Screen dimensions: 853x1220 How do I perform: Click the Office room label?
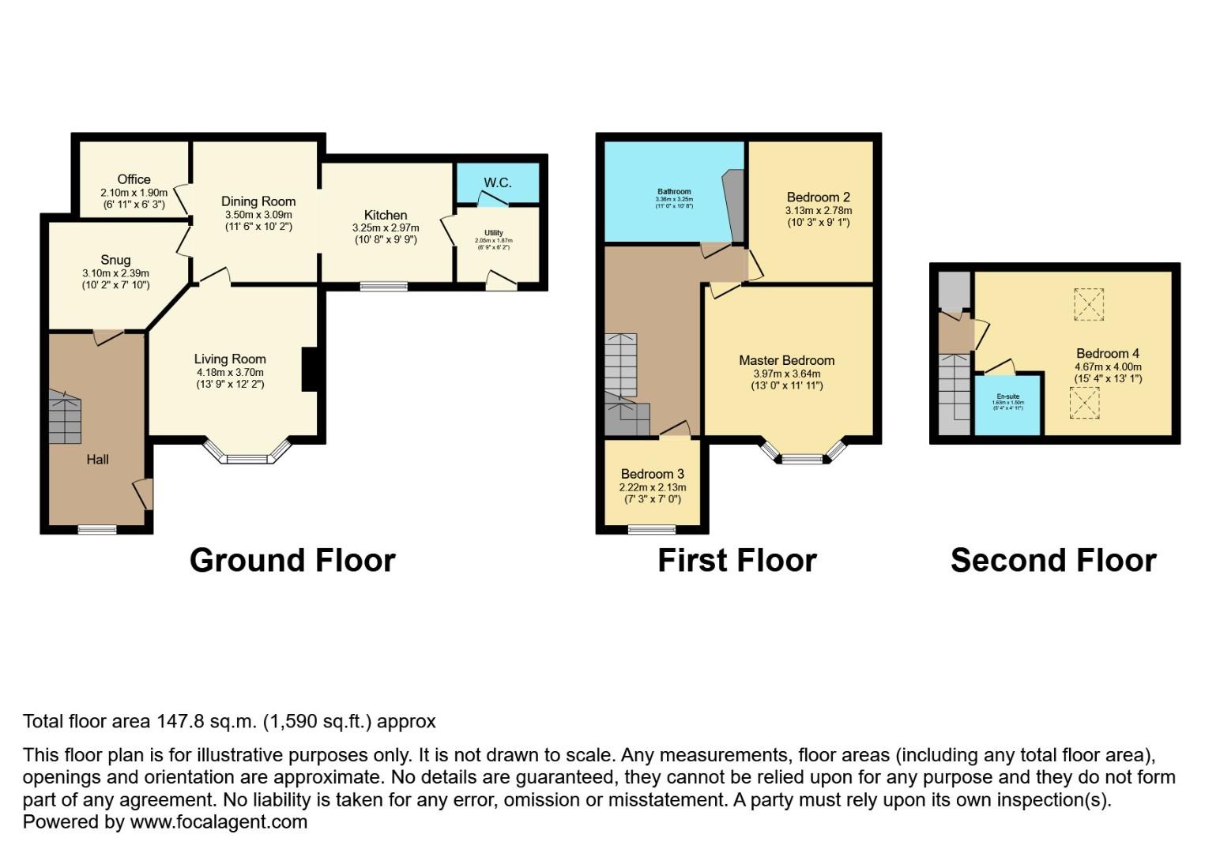pos(134,179)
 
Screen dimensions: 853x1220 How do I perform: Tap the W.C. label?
pos(498,182)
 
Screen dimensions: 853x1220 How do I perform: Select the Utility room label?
pos(494,233)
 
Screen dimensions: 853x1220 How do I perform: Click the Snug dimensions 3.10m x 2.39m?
pos(115,273)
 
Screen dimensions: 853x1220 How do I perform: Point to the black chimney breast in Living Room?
pos(310,369)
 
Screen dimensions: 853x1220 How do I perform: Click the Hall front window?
pos(97,529)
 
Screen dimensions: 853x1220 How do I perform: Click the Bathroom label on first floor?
pos(674,192)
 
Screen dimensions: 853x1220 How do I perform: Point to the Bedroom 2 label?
pos(818,197)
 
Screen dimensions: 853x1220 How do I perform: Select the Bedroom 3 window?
pos(652,529)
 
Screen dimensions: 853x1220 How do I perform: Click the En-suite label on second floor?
pos(1007,396)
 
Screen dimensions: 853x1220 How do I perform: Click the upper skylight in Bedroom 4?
pos(1088,304)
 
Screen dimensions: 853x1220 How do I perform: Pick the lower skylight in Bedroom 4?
pos(1084,403)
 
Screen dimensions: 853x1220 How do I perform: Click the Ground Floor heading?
pos(292,561)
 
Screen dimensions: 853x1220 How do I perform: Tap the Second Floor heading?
pos(1053,561)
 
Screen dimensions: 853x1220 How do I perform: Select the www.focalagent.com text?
pos(218,822)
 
